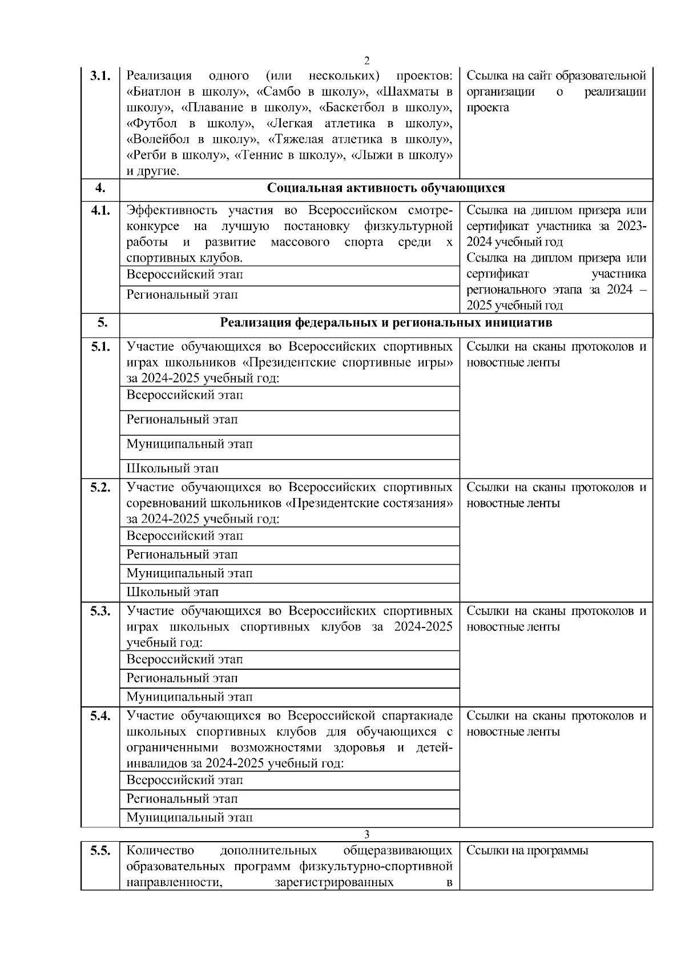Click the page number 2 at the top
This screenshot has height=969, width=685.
click(366, 61)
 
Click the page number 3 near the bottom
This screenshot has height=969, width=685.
click(366, 834)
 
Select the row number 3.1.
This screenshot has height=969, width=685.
click(100, 76)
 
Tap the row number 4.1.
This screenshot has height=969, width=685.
click(100, 211)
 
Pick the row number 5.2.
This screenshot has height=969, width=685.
click(100, 488)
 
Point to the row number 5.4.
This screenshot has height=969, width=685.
click(100, 716)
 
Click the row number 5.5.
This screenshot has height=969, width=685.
click(100, 851)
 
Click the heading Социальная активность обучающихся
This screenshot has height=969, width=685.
click(386, 188)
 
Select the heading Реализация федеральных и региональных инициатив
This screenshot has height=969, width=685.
click(386, 323)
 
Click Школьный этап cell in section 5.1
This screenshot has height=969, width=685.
click(172, 469)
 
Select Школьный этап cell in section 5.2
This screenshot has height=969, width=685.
click(172, 592)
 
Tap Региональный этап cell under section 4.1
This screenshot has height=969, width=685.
click(182, 295)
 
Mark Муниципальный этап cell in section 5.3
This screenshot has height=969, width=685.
click(189, 697)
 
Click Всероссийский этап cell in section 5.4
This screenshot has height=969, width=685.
click(184, 780)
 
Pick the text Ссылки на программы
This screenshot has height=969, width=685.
click(527, 851)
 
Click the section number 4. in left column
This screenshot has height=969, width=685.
click(100, 188)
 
